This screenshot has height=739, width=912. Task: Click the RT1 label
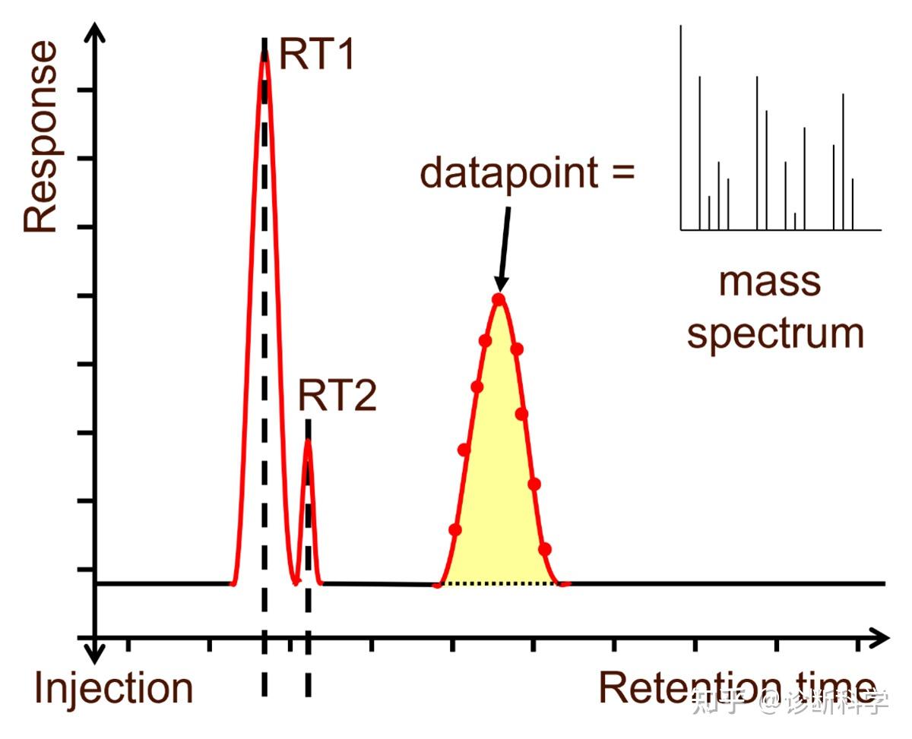tap(317, 55)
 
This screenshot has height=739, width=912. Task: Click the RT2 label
tap(337, 396)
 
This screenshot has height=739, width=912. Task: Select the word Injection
tap(113, 688)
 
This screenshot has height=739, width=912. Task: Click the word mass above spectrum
tap(770, 280)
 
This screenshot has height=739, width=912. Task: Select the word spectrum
tap(775, 333)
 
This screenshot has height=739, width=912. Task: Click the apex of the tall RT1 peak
tap(264, 55)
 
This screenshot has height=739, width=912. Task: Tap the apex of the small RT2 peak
tap(307, 441)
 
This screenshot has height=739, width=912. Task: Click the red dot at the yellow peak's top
tap(499, 299)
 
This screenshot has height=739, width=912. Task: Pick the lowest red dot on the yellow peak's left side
tap(454, 529)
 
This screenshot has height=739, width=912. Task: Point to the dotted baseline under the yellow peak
tap(499, 583)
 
